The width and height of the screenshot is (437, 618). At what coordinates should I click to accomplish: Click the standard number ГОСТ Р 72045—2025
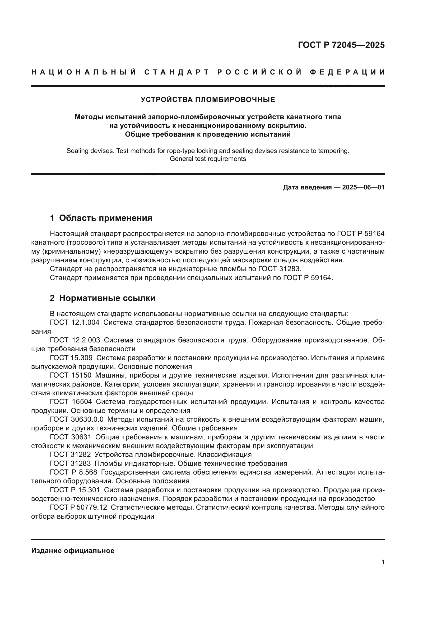(x=341, y=45)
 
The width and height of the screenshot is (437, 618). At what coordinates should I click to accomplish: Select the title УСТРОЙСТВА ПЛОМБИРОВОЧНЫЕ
(x=208, y=100)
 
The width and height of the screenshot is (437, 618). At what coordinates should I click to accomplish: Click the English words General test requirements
(x=208, y=159)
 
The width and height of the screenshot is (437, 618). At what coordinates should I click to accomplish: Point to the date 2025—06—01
(x=363, y=187)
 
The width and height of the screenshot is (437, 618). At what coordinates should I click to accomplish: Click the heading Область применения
(x=105, y=218)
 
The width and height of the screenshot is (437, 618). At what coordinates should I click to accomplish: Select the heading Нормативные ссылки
(x=107, y=298)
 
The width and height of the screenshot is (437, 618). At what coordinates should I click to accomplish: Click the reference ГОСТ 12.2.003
(x=75, y=340)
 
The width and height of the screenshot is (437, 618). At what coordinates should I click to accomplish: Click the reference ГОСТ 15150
(x=71, y=375)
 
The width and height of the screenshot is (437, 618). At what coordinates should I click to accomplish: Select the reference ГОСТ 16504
(x=71, y=402)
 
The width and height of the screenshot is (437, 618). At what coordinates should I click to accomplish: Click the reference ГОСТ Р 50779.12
(x=78, y=508)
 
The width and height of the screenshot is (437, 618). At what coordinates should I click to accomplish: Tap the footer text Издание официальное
(x=73, y=551)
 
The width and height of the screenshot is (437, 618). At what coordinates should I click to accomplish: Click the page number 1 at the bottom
(x=383, y=562)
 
